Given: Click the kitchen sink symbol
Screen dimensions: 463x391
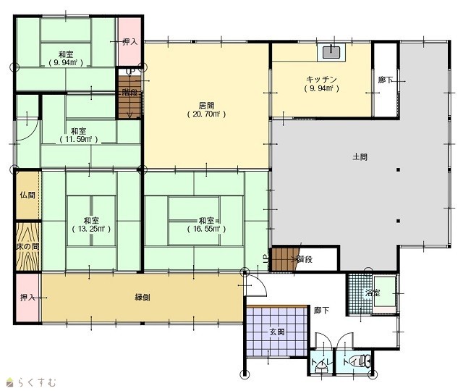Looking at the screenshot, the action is tap(331, 52).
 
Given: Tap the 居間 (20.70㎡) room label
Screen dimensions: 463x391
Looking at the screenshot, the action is tap(206, 109).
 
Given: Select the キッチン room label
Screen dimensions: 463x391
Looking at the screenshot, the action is tap(321, 79).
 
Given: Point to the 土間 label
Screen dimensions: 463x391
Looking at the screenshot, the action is tap(360, 156).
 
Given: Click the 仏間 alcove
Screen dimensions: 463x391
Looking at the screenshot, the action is tap(27, 195).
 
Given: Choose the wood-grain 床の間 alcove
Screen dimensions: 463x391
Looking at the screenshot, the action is tap(27, 246).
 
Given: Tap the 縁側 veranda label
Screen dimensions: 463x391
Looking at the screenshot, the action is tap(143, 298).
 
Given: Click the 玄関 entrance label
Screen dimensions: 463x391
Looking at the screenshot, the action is tap(277, 332).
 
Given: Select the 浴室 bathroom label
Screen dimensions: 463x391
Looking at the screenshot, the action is tap(373, 293).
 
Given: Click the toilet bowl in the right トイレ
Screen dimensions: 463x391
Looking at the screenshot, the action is tap(360, 361).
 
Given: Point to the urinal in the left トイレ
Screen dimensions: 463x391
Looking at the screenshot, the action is tap(321, 368).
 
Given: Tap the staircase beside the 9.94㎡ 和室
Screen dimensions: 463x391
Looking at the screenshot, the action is tap(129, 97).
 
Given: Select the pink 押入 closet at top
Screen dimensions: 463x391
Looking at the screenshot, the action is tap(129, 41).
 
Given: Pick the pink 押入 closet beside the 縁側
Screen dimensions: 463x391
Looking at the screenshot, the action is tap(27, 298).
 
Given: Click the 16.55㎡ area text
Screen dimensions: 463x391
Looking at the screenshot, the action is tap(206, 229).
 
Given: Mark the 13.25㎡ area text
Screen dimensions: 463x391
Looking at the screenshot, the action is tap(91, 229).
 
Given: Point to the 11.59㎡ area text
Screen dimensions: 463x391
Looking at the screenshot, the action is tap(78, 139).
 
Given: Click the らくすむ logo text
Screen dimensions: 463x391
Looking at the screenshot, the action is tap(37, 382).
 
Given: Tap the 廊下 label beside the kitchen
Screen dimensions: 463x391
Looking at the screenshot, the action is tap(386, 80).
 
